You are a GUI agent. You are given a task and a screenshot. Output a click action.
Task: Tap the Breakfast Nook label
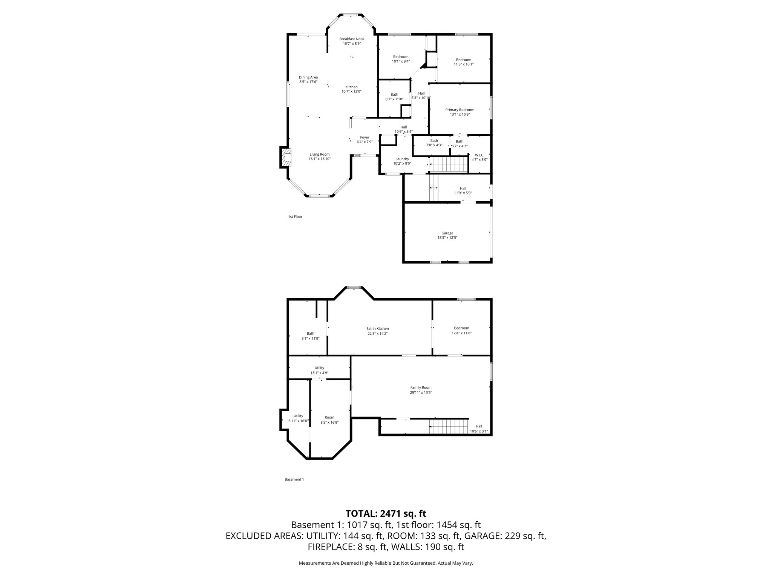click(352, 39)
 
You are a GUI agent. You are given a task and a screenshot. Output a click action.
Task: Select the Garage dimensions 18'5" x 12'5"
click(447, 238)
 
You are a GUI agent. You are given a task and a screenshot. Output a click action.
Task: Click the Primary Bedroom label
click(460, 110)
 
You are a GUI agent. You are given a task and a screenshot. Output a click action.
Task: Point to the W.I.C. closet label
click(479, 155)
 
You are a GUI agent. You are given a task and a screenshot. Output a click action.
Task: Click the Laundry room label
click(402, 159)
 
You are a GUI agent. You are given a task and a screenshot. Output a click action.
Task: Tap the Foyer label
click(364, 137)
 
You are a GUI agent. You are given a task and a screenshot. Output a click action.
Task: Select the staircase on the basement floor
click(449, 426)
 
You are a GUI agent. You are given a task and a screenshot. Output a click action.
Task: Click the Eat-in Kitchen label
click(377, 329)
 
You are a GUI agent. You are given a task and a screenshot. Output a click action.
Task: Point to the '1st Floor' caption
click(295, 217)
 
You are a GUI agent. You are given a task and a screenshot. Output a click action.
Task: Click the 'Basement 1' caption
click(294, 479)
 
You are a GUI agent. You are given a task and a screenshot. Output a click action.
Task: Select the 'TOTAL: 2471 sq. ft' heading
click(386, 513)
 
